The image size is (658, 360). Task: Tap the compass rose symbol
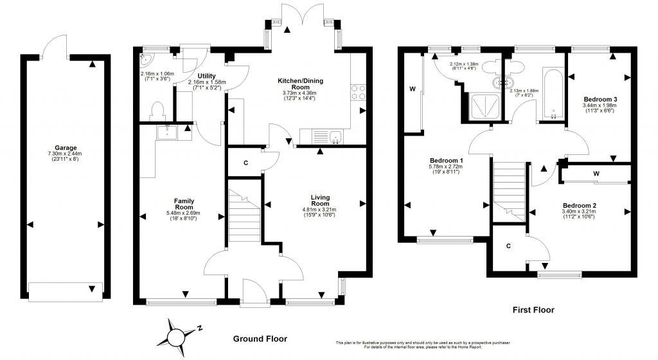(177, 334)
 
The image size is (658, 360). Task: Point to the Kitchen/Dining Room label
(300, 84)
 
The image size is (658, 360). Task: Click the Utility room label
(206, 76)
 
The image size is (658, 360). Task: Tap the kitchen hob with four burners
(357, 93)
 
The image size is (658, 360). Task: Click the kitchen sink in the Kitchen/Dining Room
(335, 137)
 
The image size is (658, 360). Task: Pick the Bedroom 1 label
(447, 160)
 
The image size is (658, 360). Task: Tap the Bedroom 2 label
(576, 206)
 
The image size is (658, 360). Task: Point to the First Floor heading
(533, 310)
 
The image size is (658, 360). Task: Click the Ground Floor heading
(260, 339)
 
